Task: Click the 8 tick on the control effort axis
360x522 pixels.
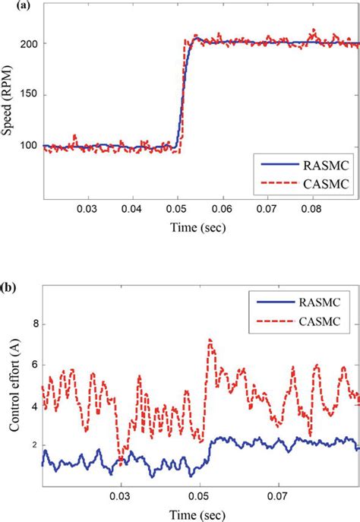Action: point(33,324)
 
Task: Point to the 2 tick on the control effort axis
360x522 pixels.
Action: point(33,446)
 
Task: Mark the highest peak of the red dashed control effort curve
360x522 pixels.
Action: point(210,340)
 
